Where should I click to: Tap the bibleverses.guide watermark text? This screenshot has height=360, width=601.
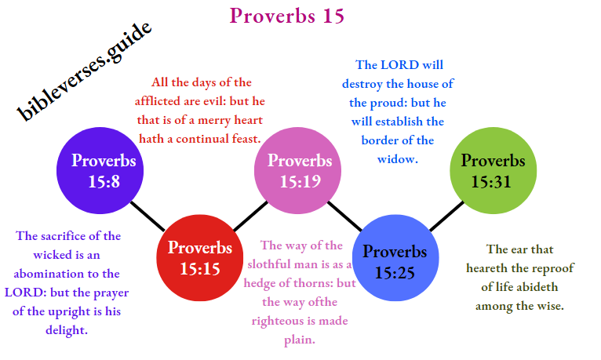click(x=85, y=72)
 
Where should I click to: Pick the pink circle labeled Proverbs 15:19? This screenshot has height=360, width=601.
click(x=299, y=170)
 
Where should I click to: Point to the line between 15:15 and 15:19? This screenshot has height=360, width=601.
click(x=250, y=213)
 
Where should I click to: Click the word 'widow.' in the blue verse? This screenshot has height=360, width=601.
click(x=397, y=158)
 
